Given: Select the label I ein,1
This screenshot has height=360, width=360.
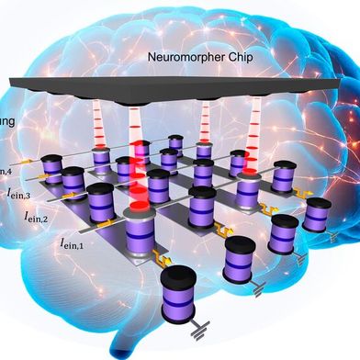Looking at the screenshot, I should (76, 243).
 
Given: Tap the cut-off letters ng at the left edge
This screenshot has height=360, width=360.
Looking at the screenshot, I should (6, 118).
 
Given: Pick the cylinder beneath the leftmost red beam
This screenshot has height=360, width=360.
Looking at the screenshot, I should (102, 163).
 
